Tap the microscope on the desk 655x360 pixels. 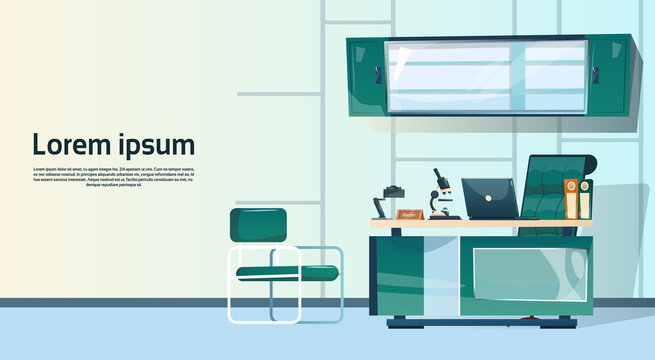click(443, 195)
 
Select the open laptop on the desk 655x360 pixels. click(490, 200)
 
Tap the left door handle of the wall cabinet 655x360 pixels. click(378, 74)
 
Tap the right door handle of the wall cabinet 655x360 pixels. click(596, 74)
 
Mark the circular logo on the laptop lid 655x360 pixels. click(489, 198)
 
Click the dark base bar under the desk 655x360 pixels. click(480, 321)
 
